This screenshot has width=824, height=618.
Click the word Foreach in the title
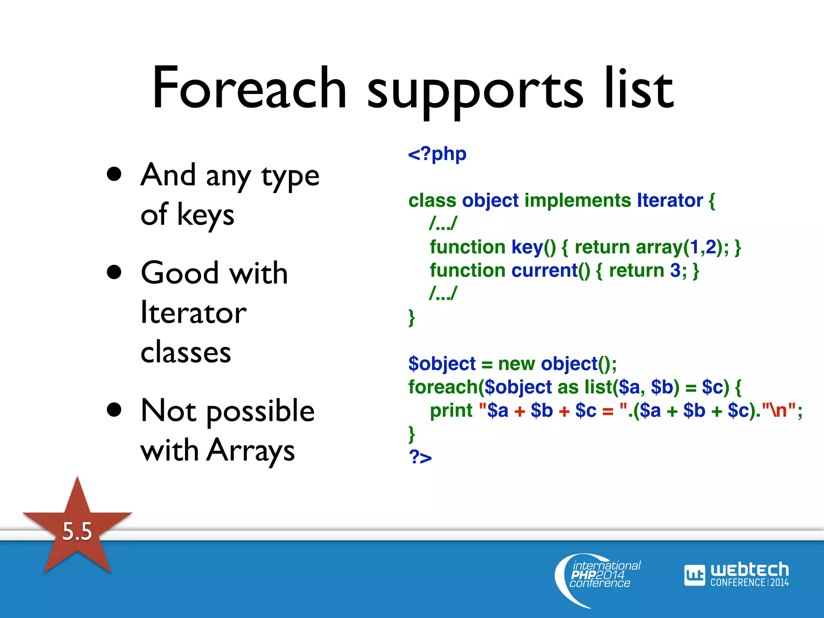tap(249, 89)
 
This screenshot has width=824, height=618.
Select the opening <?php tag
tap(437, 154)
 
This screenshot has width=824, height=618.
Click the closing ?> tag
tap(420, 457)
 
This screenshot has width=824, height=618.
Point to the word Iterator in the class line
tap(669, 200)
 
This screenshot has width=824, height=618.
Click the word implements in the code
tap(578, 200)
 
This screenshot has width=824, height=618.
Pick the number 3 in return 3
tap(675, 270)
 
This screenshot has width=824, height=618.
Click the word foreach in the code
tap(443, 387)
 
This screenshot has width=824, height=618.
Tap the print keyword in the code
tap(451, 411)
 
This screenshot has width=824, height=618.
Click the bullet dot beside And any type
tap(114, 174)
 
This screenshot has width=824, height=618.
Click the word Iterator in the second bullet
tap(193, 313)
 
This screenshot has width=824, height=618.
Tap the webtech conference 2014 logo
tap(736, 575)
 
